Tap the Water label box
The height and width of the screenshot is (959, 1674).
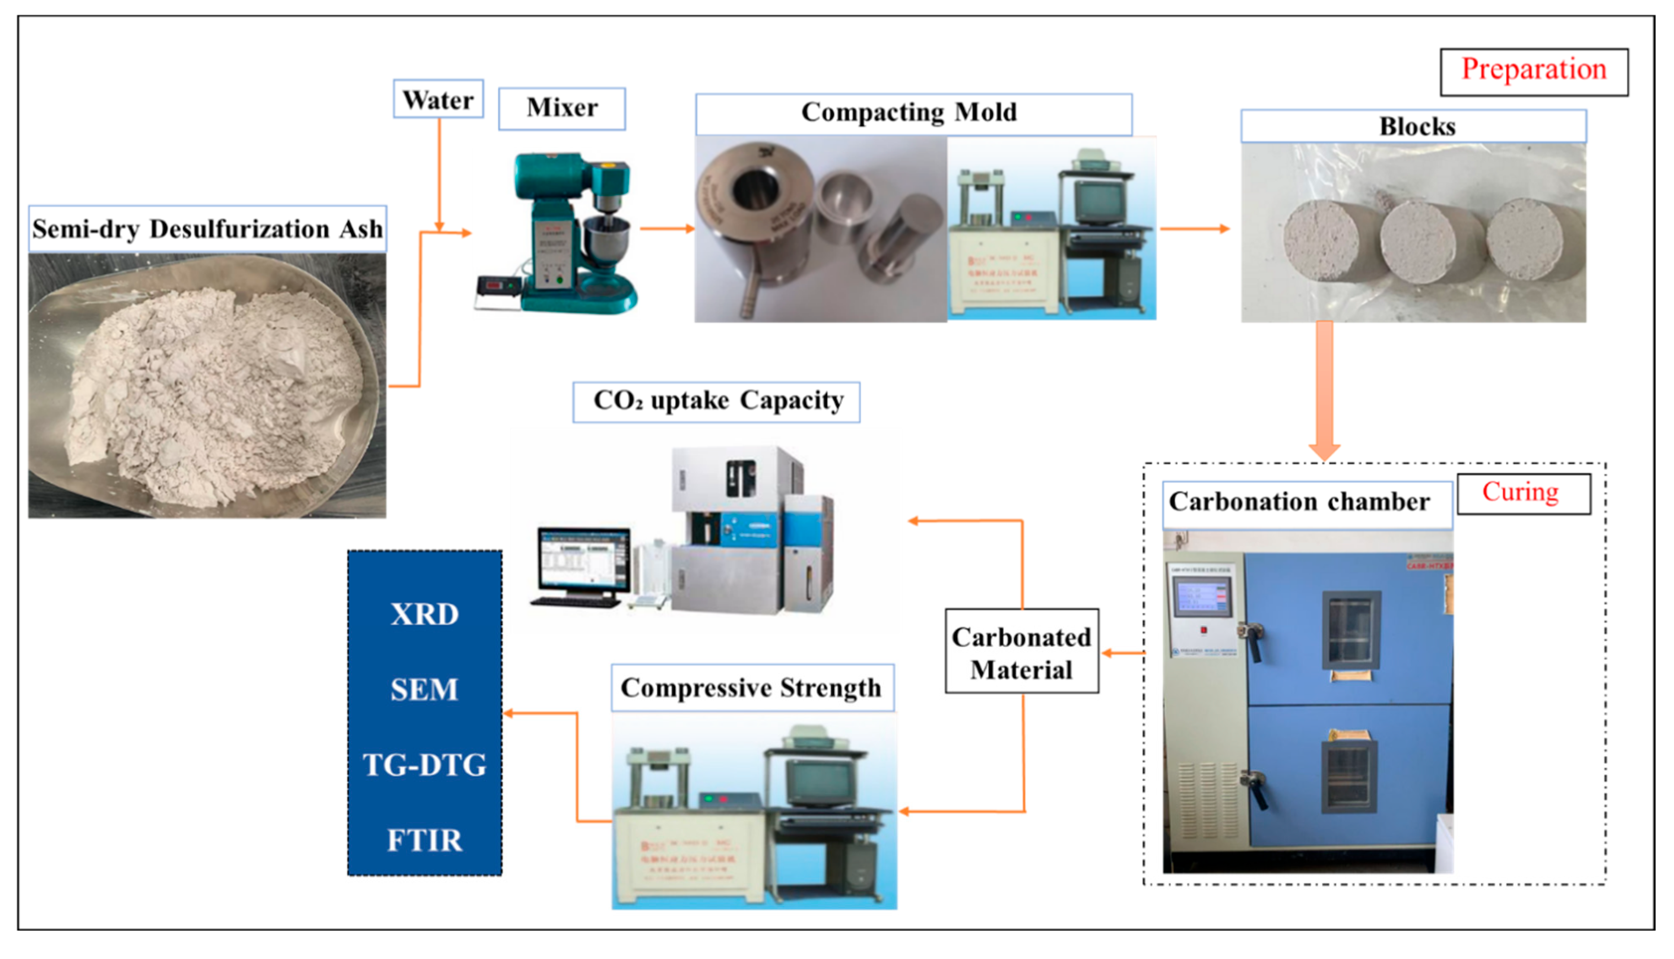(438, 100)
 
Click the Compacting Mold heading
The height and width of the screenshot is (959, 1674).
(913, 113)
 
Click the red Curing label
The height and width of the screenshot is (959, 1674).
(1522, 493)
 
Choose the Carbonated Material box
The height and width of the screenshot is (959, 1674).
(1022, 652)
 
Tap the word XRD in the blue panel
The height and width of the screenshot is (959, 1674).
(424, 615)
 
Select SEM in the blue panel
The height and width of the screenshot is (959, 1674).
(424, 690)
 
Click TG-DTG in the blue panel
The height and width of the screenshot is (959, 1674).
(424, 765)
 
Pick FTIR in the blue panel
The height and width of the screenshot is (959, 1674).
(424, 841)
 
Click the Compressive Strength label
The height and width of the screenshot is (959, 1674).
(752, 688)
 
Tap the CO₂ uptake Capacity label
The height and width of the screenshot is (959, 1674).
(717, 401)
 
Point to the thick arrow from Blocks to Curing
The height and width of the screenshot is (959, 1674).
(1324, 389)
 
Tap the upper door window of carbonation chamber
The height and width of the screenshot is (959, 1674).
(1351, 630)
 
